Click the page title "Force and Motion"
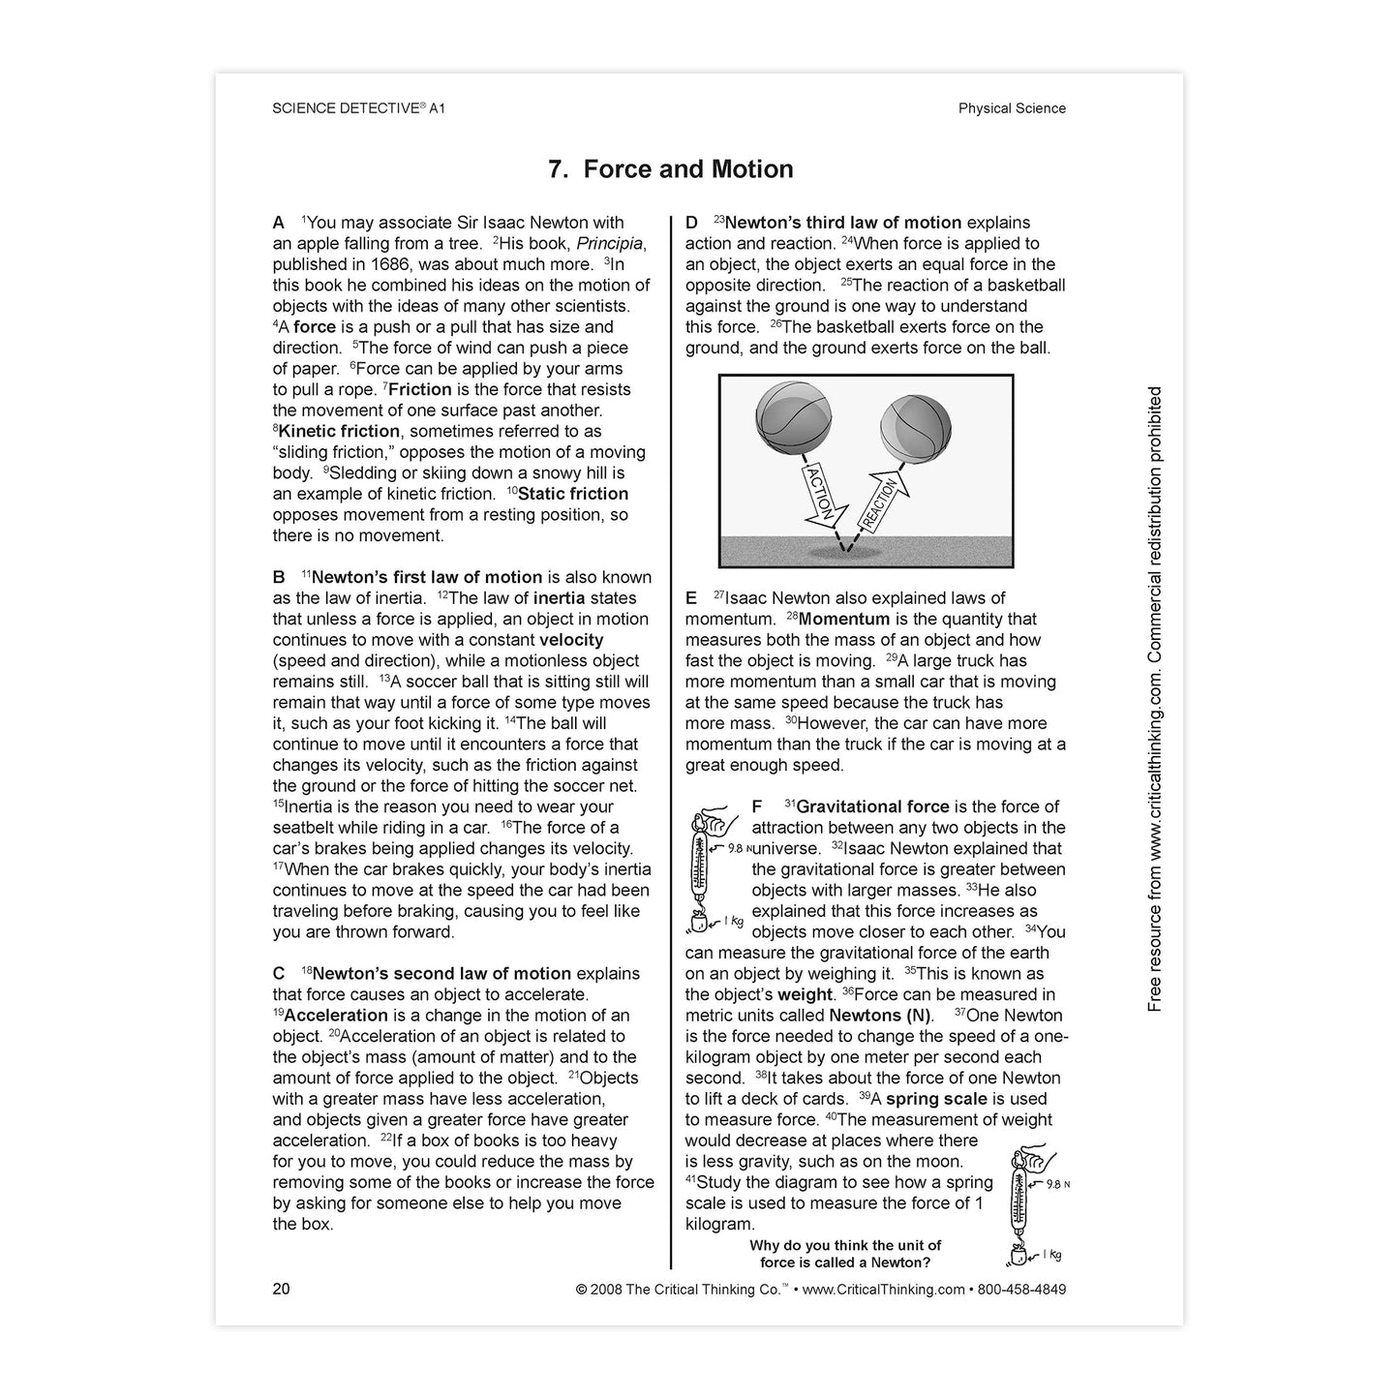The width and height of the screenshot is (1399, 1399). [x=671, y=169]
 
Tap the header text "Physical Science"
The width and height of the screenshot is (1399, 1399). [x=1012, y=108]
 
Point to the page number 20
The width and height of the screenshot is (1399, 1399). [x=281, y=1289]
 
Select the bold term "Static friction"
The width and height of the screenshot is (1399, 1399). [x=573, y=494]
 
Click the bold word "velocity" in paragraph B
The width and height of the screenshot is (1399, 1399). [x=571, y=640]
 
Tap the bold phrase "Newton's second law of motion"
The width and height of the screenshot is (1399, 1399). [x=441, y=974]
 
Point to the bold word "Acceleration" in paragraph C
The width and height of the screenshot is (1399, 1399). [x=336, y=1016]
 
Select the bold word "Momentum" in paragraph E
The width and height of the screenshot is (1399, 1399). [x=844, y=620]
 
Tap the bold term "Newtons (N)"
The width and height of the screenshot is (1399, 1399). [x=880, y=1016]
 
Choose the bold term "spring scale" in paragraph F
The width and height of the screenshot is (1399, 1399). [x=936, y=1099]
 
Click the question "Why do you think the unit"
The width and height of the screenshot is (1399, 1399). [x=845, y=1246]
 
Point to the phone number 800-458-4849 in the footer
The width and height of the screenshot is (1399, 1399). [x=1020, y=1290]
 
